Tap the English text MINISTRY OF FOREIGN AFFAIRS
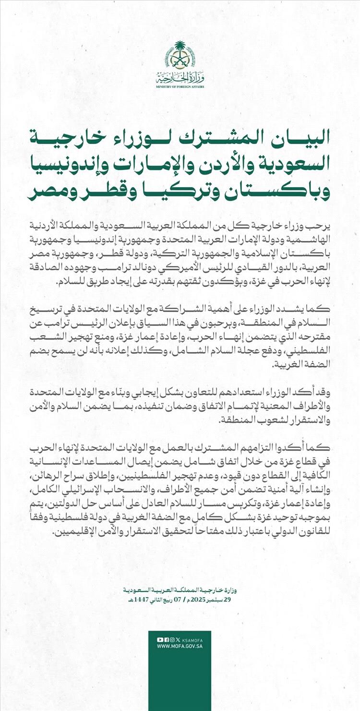pyautogui.click(x=180, y=86)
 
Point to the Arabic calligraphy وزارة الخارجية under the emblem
pyautogui.click(x=180, y=77)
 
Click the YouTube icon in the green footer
pyautogui.click(x=160, y=639)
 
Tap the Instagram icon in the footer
pyautogui.click(x=172, y=639)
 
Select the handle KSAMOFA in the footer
pyautogui.click(x=193, y=639)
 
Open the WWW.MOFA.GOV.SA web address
pyautogui.click(x=180, y=646)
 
